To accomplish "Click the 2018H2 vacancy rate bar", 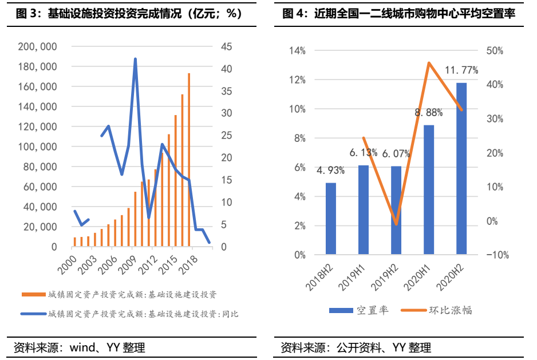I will click(330, 218).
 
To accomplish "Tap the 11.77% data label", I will click(461, 70).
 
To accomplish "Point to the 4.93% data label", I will click(331, 170).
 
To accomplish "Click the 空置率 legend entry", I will click(358, 310).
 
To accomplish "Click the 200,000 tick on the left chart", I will click(38, 47).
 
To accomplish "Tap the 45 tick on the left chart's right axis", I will click(226, 47).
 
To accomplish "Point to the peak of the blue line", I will click(135, 59).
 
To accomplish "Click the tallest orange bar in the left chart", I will click(189, 160).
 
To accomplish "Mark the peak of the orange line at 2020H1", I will click(429, 62).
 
